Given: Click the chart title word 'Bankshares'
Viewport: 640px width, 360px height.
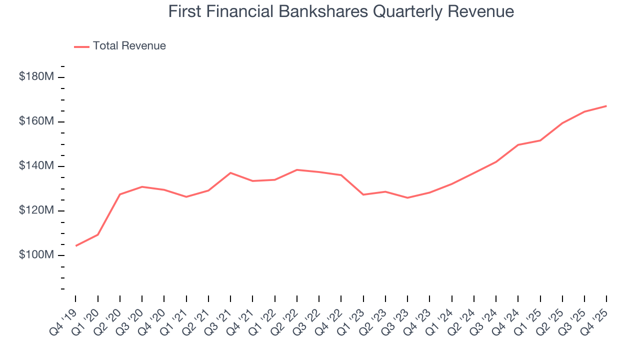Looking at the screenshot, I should pos(319,11).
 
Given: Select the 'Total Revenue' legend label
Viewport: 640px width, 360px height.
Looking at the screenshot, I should pos(129,46).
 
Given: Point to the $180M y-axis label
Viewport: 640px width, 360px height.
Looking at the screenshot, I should pos(36,77).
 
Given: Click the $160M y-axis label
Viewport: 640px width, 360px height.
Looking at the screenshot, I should pos(36,121).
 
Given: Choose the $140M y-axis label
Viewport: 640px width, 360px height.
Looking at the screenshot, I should pos(36,166).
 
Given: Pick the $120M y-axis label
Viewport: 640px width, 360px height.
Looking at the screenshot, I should pos(36,210).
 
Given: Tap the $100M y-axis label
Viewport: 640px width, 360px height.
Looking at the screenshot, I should pos(36,255).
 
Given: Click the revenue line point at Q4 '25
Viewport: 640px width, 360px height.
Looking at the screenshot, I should pos(606,106).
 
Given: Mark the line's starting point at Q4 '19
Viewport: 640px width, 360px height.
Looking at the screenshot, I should pos(75,246).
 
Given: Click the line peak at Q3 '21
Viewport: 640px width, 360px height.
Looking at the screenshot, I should pos(230,173).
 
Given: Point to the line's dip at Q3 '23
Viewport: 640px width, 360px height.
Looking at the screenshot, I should pos(407,198).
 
